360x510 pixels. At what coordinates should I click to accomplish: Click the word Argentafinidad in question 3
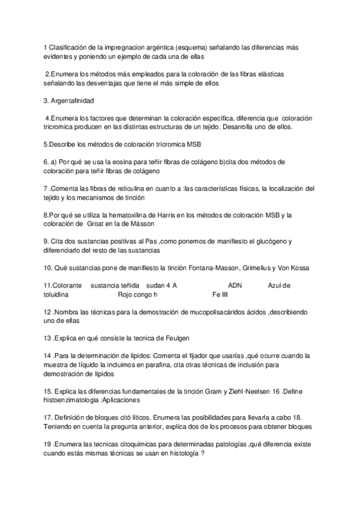(74, 100)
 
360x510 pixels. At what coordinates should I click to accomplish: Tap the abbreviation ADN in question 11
(235, 285)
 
